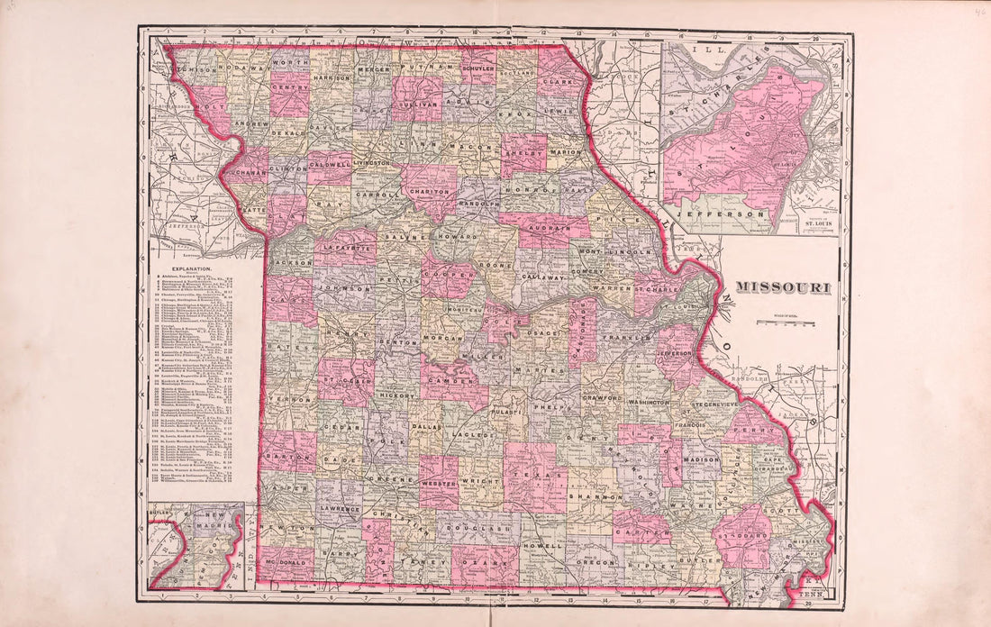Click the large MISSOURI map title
point(783,287)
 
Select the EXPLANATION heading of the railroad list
point(186,268)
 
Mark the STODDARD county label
point(745,536)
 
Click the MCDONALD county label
point(282,564)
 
